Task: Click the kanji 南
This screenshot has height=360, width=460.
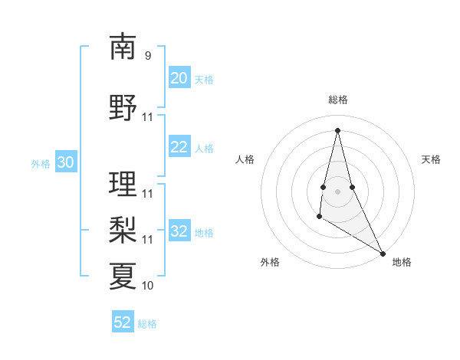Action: pyautogui.click(x=123, y=47)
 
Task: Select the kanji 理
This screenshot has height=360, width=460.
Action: pyautogui.click(x=123, y=183)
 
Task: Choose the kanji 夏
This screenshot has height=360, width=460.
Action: pyautogui.click(x=123, y=275)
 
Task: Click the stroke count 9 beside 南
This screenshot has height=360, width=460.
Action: pyautogui.click(x=147, y=56)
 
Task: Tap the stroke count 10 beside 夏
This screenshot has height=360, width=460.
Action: pyautogui.click(x=148, y=285)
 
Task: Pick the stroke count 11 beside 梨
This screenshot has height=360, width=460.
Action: pyautogui.click(x=148, y=239)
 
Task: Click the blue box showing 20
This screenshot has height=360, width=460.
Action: pyautogui.click(x=179, y=78)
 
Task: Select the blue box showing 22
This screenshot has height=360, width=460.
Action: pyautogui.click(x=179, y=147)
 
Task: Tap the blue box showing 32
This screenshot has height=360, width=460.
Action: pyautogui.click(x=179, y=231)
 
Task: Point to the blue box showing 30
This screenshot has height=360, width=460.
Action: pyautogui.click(x=65, y=162)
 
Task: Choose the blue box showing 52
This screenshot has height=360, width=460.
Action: pyautogui.click(x=123, y=322)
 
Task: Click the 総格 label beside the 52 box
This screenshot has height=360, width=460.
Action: pyautogui.click(x=147, y=324)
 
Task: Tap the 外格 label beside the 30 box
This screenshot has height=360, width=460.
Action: pyautogui.click(x=41, y=163)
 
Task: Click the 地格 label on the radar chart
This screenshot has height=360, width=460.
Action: pyautogui.click(x=402, y=262)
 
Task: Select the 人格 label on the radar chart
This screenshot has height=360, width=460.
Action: pyautogui.click(x=245, y=159)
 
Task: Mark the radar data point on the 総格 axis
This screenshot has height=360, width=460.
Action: pyautogui.click(x=337, y=130)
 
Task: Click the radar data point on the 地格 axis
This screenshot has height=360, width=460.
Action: pyautogui.click(x=383, y=253)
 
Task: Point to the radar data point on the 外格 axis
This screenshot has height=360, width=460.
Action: pyautogui.click(x=319, y=218)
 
